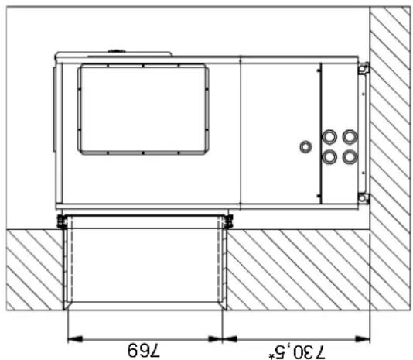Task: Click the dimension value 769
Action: coord(145,348)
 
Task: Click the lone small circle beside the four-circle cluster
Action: coord(306,146)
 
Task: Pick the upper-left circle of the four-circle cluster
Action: coord(330,138)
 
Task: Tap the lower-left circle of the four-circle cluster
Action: coord(330,156)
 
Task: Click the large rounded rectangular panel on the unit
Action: coord(143,110)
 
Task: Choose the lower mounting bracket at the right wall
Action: coord(363,197)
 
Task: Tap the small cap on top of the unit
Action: coord(117,50)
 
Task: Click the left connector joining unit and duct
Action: coord(60,222)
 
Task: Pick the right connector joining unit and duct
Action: coord(228,222)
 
